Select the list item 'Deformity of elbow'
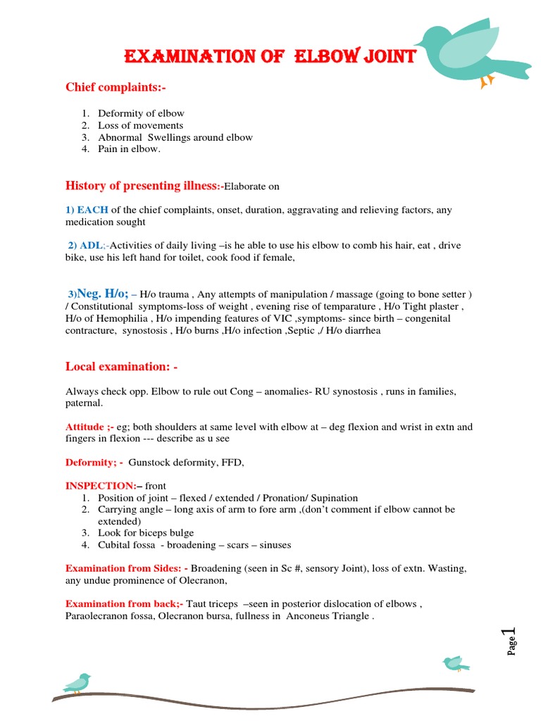pos(141,113)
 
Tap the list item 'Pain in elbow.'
pos(130,149)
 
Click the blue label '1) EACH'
pos(87,210)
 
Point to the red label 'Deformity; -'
pos(94,462)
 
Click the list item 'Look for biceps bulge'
pos(146,533)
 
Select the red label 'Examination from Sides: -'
pos(126,568)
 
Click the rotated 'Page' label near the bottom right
pos(512,646)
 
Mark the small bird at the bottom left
pos(77,682)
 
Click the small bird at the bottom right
pos(455,663)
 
